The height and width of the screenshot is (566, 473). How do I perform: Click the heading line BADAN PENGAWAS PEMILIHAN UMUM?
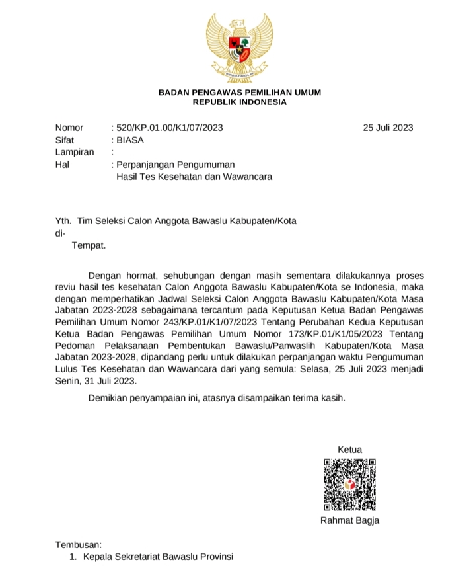coord(240,93)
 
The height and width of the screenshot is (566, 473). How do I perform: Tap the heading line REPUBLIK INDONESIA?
coord(240,102)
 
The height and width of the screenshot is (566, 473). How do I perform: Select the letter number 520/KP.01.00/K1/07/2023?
coord(169,128)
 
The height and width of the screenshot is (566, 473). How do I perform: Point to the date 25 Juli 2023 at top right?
coord(388,128)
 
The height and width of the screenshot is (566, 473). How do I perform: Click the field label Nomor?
coord(69,128)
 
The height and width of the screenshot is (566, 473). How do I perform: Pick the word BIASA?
coord(130,140)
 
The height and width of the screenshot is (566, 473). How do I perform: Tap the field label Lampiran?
coord(75,152)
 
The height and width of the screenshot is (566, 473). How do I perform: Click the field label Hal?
coord(63,165)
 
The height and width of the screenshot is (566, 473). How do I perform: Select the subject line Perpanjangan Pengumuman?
coord(176,165)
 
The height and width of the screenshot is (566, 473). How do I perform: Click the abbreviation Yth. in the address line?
coord(63,221)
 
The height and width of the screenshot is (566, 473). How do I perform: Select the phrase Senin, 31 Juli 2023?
coord(96,382)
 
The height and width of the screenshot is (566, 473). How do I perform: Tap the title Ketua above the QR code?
coord(349,450)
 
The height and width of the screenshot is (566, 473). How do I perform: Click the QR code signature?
coord(349,485)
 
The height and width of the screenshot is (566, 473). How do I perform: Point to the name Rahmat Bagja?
coord(349,520)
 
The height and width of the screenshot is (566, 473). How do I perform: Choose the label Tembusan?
coord(79,545)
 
